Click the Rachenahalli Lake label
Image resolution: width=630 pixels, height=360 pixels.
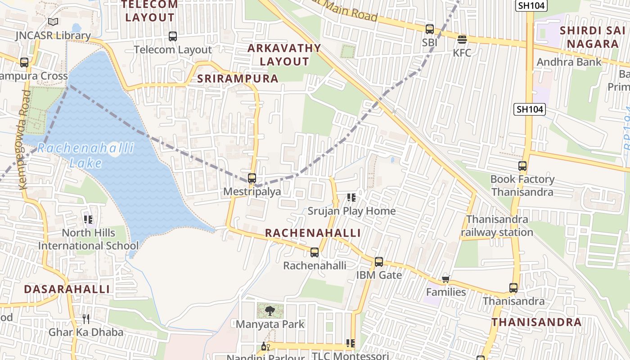[x=85, y=155]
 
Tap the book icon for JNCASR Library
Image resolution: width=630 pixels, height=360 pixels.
[x=53, y=22]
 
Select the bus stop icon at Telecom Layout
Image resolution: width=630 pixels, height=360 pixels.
[x=173, y=36]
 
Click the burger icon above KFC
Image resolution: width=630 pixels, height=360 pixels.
[x=462, y=40]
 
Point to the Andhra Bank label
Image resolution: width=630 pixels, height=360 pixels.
[x=569, y=62]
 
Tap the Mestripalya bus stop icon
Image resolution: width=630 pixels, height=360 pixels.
[x=252, y=178]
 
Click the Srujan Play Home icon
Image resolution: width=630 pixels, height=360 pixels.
[x=351, y=198]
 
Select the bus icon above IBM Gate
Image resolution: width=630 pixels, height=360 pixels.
[x=379, y=261]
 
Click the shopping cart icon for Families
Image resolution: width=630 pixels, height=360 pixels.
[x=446, y=279]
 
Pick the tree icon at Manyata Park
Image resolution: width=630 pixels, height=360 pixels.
[x=270, y=310]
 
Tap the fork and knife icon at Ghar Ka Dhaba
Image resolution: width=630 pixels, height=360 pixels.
[x=86, y=319]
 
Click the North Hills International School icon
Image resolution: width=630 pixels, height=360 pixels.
[x=88, y=220]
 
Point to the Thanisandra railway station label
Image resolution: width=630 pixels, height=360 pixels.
[x=497, y=226]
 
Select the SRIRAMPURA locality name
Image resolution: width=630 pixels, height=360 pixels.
[x=238, y=78]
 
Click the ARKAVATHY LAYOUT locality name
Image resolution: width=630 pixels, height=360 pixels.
[x=284, y=55]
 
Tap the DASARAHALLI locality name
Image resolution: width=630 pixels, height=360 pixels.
[x=67, y=289]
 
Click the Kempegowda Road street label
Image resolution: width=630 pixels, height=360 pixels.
[x=25, y=139]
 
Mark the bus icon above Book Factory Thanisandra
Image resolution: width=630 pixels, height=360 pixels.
[x=522, y=166]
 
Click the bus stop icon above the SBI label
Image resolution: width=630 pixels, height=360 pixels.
[x=430, y=29]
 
